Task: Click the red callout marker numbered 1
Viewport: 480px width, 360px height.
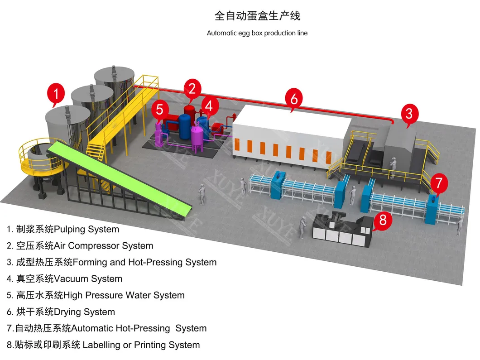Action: click(56, 94)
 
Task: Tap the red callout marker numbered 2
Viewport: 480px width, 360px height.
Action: click(192, 88)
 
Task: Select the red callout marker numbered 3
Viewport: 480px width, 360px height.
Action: click(409, 113)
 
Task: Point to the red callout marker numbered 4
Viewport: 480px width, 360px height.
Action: click(209, 106)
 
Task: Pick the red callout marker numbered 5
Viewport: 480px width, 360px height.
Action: click(159, 109)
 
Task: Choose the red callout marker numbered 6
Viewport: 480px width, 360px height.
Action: click(294, 98)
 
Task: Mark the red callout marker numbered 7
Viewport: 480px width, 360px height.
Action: click(438, 183)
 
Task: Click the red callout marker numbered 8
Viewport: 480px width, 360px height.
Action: click(383, 221)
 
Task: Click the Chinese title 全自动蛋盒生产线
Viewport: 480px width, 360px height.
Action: click(257, 16)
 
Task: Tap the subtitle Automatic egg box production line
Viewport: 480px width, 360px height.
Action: click(257, 33)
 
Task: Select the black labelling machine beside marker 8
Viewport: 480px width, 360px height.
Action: click(342, 226)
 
